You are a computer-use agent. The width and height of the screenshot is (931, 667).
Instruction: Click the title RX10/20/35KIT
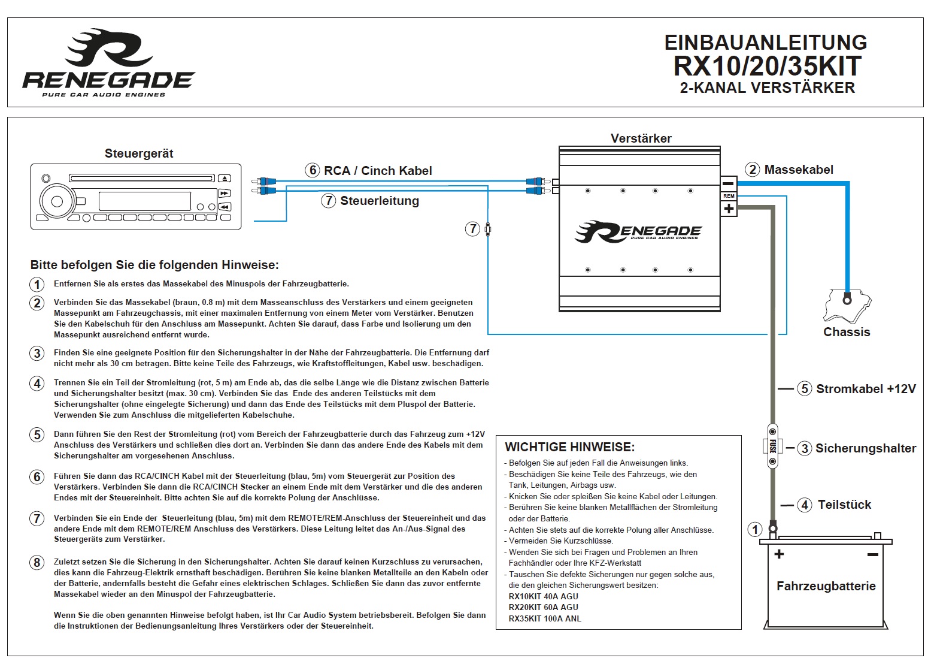[767, 66]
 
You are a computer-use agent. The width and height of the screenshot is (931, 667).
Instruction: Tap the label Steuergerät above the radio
[139, 153]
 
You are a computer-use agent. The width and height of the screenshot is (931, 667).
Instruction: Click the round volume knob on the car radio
[57, 201]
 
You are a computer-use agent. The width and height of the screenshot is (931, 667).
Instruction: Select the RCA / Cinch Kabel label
[377, 171]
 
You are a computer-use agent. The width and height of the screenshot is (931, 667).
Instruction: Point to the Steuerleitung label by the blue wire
[379, 201]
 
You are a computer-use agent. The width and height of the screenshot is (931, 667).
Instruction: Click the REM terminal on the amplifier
[728, 196]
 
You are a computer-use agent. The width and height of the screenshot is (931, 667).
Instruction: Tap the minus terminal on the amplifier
[728, 183]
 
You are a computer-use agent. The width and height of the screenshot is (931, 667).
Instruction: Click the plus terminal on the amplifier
[728, 209]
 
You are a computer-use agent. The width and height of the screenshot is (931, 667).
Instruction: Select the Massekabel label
[798, 170]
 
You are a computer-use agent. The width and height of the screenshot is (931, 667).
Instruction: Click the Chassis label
[847, 332]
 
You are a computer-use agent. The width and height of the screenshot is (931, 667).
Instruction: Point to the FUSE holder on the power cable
[772, 446]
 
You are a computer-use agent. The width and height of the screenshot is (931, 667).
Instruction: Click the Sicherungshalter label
[865, 448]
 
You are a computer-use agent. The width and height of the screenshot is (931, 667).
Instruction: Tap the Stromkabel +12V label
[866, 389]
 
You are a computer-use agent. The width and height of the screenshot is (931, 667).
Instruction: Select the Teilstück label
[844, 505]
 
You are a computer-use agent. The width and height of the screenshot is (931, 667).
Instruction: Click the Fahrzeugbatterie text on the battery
[826, 586]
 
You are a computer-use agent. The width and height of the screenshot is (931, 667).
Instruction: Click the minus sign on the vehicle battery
[872, 554]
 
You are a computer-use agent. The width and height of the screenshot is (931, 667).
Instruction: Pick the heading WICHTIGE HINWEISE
[569, 447]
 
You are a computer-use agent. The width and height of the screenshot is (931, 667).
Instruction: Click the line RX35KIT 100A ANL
[545, 618]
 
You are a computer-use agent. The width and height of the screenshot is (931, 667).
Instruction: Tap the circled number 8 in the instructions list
[37, 562]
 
